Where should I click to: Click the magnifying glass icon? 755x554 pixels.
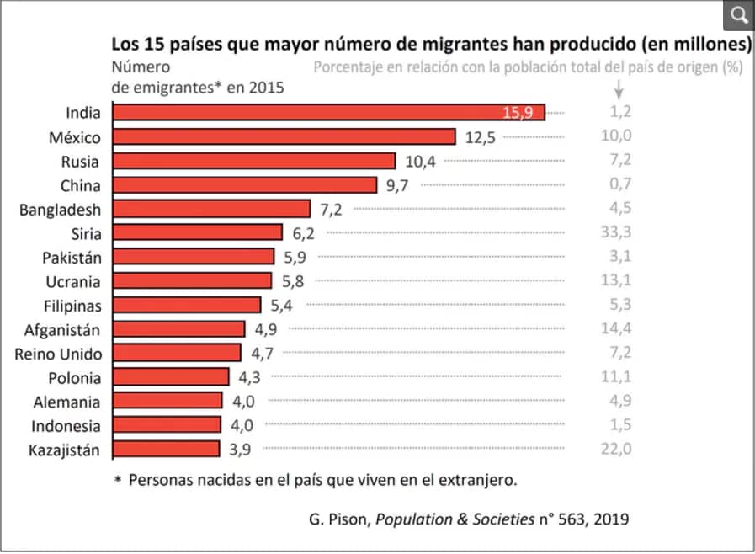[x=738, y=15]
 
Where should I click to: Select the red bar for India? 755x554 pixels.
[x=328, y=113]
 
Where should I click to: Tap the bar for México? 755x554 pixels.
[x=284, y=137]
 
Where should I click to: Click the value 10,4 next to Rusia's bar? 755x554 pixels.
[x=420, y=161]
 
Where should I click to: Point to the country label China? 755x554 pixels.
[x=80, y=185]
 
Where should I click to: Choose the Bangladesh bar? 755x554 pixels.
[x=211, y=209]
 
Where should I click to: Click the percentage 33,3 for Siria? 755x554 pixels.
[x=616, y=233]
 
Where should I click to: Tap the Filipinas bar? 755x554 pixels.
[x=186, y=305]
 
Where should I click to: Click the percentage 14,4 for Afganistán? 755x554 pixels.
[x=616, y=329]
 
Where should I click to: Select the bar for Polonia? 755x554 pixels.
[x=170, y=377]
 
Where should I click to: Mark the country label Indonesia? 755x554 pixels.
[x=66, y=426]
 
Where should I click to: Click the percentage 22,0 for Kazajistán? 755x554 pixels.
[x=616, y=450]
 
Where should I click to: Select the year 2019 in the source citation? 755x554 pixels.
[x=610, y=518]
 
